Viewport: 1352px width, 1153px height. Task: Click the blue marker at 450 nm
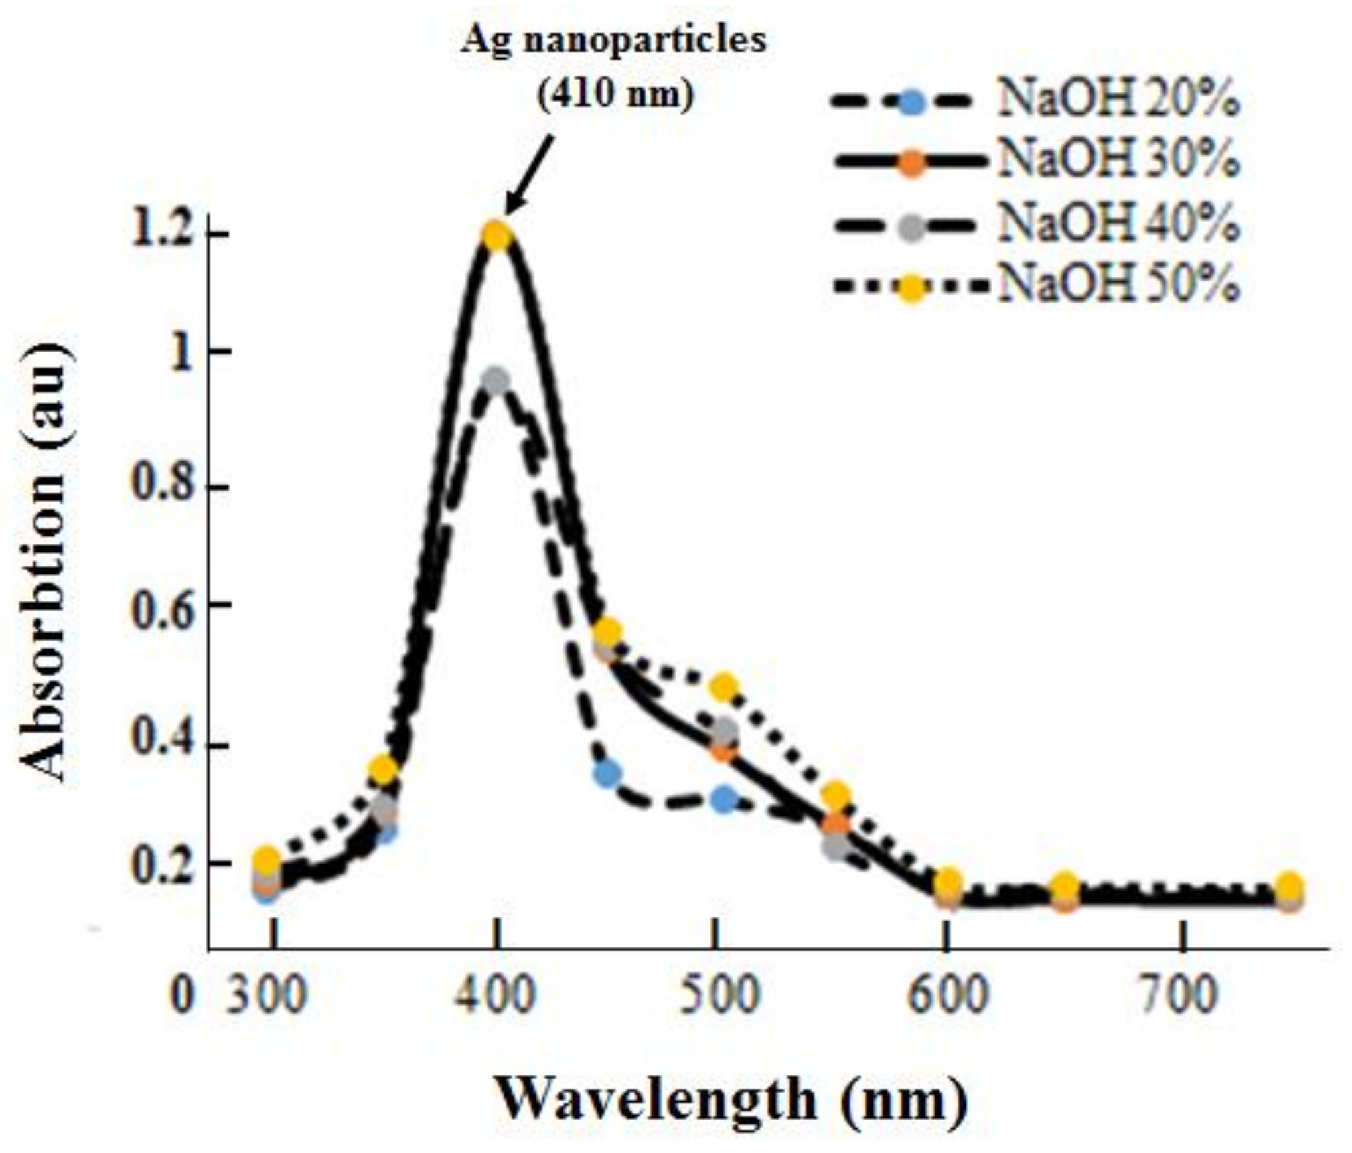point(607,773)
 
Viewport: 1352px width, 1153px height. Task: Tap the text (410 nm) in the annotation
point(614,93)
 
